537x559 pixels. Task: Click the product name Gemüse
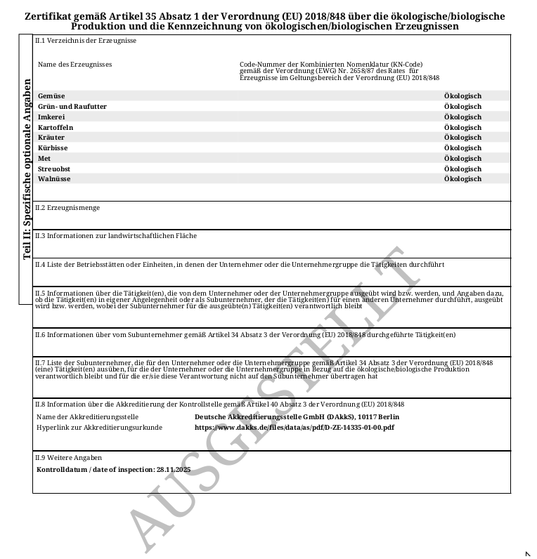[x=51, y=96]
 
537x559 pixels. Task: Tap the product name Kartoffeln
[x=56, y=127]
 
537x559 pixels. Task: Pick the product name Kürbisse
[x=53, y=148]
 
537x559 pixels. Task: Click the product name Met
[x=44, y=159]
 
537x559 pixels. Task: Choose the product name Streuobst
[x=54, y=169]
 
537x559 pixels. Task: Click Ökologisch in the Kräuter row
[x=462, y=138]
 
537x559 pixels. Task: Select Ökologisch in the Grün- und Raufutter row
[x=462, y=107]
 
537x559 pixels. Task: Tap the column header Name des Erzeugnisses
[x=75, y=65]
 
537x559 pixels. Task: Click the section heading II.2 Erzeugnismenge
[x=67, y=208]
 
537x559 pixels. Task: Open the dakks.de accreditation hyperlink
[x=294, y=427]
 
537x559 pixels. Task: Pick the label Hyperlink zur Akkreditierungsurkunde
[x=99, y=427]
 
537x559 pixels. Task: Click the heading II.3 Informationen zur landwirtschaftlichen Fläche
[x=116, y=236]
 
